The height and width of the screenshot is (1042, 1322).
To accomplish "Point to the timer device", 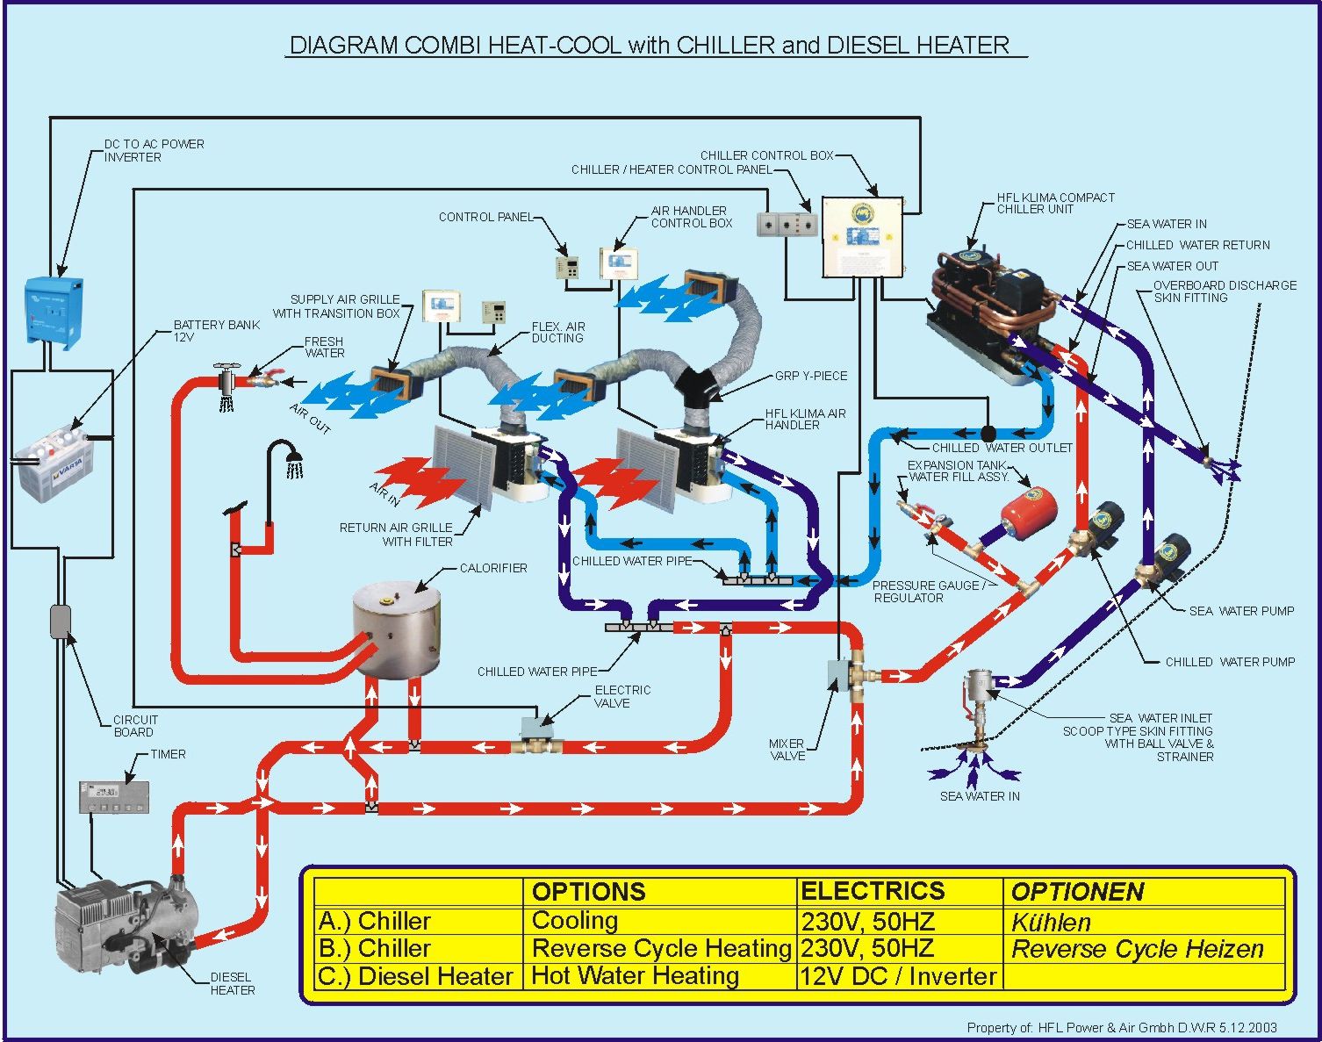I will click(x=113, y=796).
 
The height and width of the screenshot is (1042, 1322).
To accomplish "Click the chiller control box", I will click(x=862, y=237).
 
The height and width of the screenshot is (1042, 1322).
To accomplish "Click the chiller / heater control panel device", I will click(x=787, y=224).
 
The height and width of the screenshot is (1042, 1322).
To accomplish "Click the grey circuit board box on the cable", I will click(x=60, y=621).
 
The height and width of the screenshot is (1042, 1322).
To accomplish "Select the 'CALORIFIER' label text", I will click(x=493, y=568).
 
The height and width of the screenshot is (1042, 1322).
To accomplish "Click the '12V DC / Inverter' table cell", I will click(x=898, y=976).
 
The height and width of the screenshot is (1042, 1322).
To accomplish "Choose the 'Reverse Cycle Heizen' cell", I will click(x=1137, y=949).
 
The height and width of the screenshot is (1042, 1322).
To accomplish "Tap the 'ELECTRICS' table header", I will click(x=872, y=891).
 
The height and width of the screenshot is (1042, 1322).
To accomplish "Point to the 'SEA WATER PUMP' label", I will click(x=1241, y=611).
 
